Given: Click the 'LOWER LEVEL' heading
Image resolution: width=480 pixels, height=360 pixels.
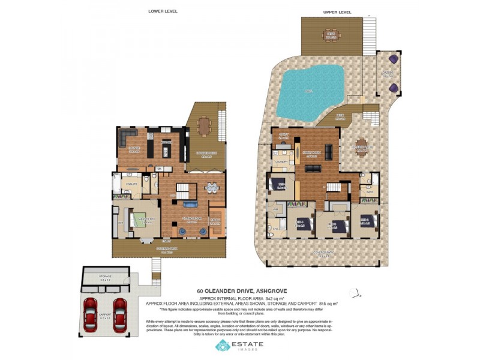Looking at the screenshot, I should coord(163,11).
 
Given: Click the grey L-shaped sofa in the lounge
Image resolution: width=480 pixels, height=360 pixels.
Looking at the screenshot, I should coord(127,137).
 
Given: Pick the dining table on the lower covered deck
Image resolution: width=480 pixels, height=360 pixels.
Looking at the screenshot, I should coord(205,126).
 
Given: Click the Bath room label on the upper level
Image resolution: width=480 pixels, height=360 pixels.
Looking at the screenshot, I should coord(369,193).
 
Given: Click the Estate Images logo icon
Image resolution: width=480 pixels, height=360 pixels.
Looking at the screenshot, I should coord(223,346).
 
